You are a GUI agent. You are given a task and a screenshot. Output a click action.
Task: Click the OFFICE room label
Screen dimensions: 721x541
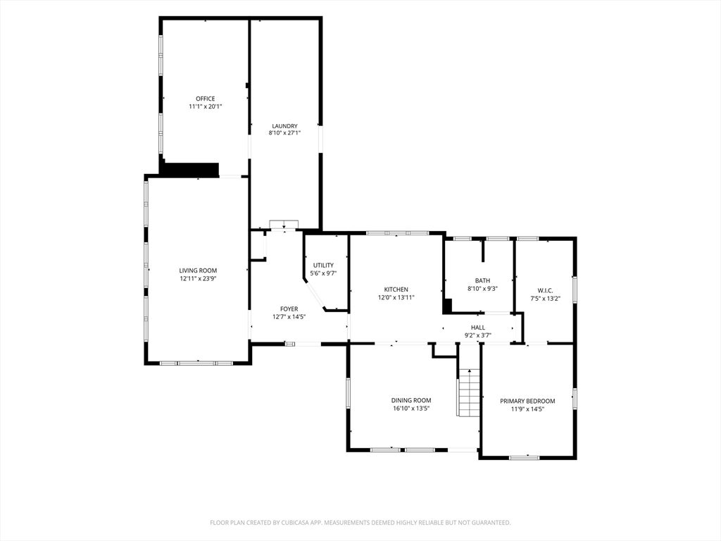click(x=205, y=99)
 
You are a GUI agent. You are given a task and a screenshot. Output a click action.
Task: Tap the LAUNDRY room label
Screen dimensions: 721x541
click(x=284, y=126)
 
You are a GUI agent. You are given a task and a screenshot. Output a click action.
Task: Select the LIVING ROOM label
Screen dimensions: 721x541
click(x=198, y=271)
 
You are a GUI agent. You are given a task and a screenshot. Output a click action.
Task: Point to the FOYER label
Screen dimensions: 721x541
click(x=289, y=309)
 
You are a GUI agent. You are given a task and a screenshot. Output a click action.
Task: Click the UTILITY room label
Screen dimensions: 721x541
click(x=323, y=266)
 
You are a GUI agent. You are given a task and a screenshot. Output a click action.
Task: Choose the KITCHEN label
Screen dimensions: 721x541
click(x=396, y=290)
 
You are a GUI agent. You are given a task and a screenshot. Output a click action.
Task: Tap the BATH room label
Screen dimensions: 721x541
click(x=482, y=280)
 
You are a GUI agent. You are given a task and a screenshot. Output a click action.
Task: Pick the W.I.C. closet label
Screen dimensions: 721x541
click(x=545, y=291)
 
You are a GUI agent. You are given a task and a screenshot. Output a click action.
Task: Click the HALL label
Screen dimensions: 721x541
click(x=478, y=328)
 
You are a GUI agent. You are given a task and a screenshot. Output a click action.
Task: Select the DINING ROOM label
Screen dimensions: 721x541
click(x=411, y=401)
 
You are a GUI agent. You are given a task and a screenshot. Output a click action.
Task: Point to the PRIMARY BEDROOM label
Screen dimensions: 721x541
click(x=527, y=401)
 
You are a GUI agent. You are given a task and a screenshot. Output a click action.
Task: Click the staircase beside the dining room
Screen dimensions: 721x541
click(x=468, y=393)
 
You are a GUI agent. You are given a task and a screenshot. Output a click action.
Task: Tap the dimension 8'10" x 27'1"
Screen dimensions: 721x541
click(x=284, y=133)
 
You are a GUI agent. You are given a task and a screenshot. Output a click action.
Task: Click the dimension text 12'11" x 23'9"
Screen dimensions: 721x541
click(x=198, y=278)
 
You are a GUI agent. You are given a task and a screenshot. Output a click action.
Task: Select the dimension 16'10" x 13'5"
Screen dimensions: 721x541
click(x=411, y=409)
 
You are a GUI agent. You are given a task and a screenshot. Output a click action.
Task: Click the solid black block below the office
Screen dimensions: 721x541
click(x=190, y=169)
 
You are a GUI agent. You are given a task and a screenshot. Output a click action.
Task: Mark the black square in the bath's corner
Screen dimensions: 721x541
click(x=448, y=306)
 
